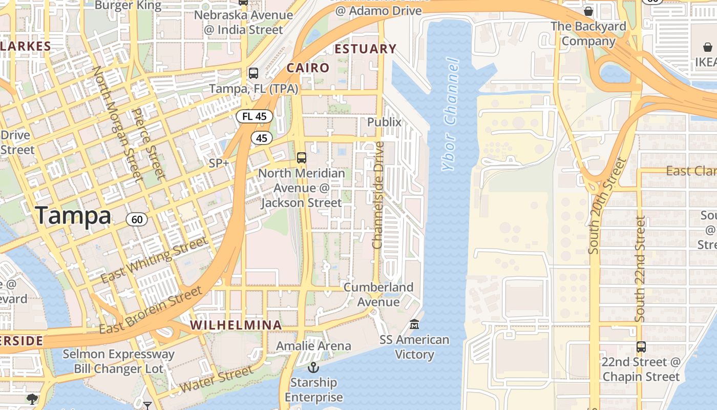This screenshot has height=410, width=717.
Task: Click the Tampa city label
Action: pyautogui.click(x=73, y=216)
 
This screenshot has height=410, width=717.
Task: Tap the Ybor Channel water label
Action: pyautogui.click(x=450, y=114)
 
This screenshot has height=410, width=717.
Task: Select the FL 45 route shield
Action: pyautogui.click(x=254, y=116)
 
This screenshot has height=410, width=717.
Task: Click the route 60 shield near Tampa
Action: pyautogui.click(x=137, y=220)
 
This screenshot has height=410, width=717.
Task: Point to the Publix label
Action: pyautogui.click(x=384, y=122)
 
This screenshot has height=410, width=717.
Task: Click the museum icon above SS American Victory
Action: pyautogui.click(x=414, y=324)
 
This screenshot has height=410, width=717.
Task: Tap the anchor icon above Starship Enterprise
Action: pyautogui.click(x=313, y=367)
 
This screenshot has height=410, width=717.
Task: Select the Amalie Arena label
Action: pyautogui.click(x=313, y=346)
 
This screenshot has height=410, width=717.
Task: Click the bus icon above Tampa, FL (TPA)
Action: pyautogui.click(x=254, y=73)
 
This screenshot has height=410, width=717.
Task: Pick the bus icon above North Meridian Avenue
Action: pyautogui.click(x=302, y=157)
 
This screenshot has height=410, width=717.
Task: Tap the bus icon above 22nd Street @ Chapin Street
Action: pyautogui.click(x=641, y=346)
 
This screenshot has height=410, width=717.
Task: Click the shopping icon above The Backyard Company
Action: pyautogui.click(x=588, y=11)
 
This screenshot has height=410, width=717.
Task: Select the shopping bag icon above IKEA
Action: pyautogui.click(x=707, y=47)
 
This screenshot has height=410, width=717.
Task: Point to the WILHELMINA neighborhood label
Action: pyautogui.click(x=236, y=325)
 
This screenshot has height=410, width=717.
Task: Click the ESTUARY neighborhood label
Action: pyautogui.click(x=365, y=49)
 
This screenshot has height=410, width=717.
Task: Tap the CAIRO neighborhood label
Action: pyautogui.click(x=308, y=68)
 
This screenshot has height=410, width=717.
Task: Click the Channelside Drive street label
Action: pyautogui.click(x=378, y=195)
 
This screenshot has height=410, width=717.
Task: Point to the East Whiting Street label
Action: pyautogui.click(x=154, y=260)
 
